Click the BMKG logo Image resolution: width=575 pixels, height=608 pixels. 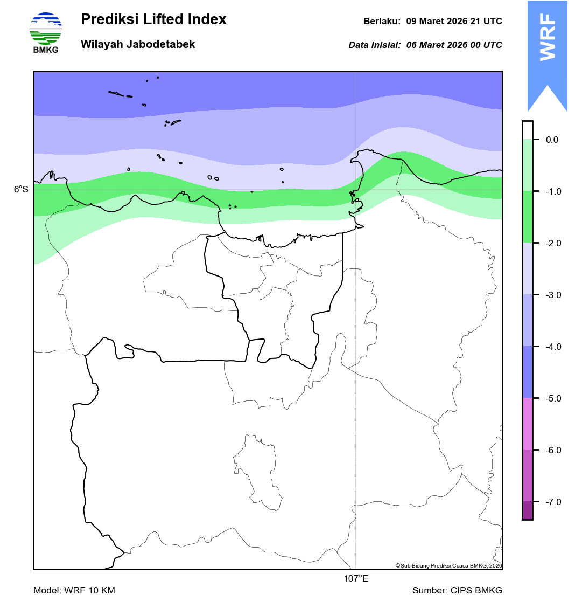coord(46,32)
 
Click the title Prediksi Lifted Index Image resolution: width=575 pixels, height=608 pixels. coord(153,20)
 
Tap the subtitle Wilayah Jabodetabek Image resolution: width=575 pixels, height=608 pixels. coord(138,44)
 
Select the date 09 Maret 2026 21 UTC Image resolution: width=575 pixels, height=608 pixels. coord(454,22)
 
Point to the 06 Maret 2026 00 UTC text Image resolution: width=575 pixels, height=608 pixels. coord(454,45)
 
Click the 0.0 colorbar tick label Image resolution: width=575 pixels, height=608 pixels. coord(552,140)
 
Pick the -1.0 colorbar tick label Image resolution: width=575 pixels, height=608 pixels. coord(553,191)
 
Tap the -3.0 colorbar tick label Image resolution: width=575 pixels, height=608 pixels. coord(553,295)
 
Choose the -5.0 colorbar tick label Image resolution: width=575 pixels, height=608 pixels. coord(553,398)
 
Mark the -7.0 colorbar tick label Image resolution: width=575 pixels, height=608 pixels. coord(553,502)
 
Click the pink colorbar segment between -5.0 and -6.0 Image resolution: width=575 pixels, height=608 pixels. coord(527,424)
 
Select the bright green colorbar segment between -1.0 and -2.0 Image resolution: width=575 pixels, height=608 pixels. coord(527,217)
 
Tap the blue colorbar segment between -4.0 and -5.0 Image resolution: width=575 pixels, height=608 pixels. coord(527,372)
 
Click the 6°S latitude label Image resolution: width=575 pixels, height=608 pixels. coord(21,189)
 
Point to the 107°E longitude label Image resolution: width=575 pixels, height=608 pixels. coord(356,579)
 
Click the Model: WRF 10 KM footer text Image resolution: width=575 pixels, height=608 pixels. coord(74,590)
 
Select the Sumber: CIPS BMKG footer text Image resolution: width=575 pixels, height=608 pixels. coord(457,590)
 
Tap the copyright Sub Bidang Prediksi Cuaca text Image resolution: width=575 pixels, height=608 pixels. coord(448,565)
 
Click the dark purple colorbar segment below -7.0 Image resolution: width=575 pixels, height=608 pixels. coord(527,510)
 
